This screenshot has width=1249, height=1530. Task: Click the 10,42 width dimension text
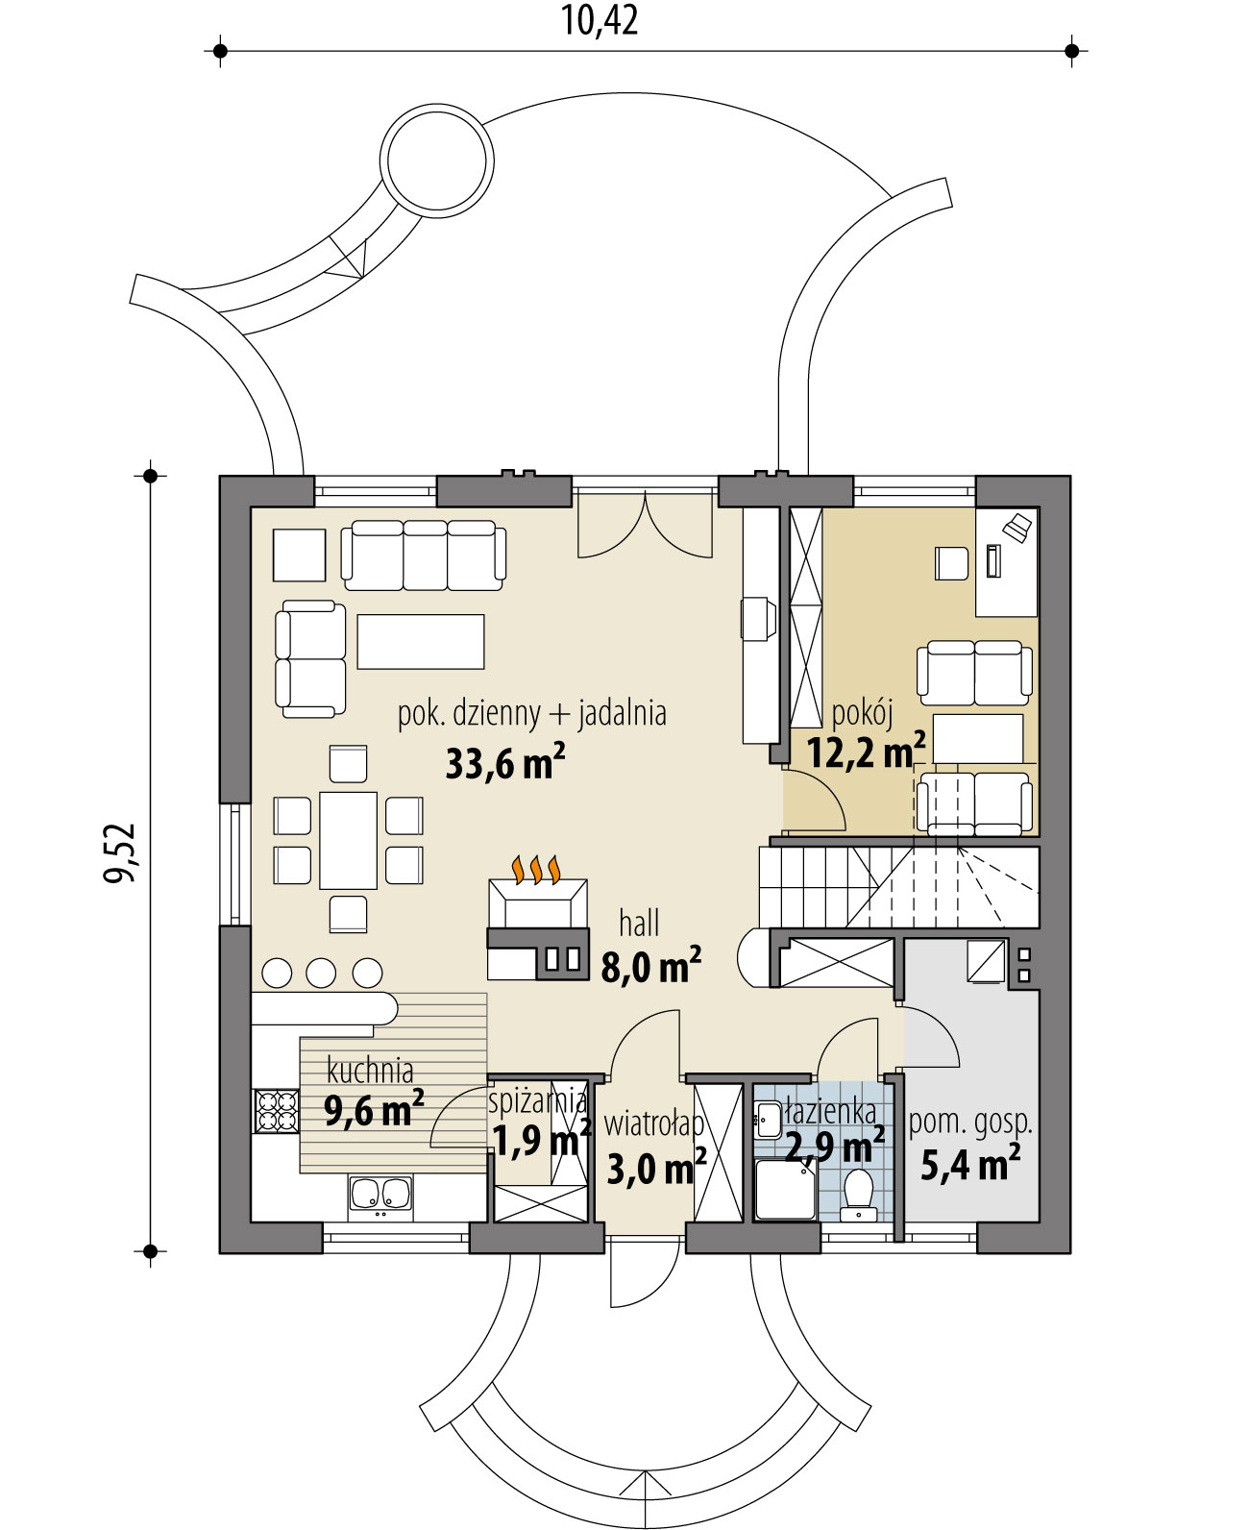tap(600, 21)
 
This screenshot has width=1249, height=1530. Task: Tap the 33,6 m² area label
tap(504, 764)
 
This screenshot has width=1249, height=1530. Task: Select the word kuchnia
tap(370, 1070)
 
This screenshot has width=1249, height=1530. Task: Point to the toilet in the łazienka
tap(857, 1192)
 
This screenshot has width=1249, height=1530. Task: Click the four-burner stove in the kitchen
tap(276, 1110)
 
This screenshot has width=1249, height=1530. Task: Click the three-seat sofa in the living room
tap(424, 555)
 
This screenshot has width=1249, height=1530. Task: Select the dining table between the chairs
tap(348, 840)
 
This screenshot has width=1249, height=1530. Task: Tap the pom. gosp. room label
tap(970, 1122)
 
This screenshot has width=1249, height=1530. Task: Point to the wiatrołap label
tap(653, 1123)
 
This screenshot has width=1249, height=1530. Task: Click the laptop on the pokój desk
tap(1018, 525)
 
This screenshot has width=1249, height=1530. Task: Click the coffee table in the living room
tap(421, 641)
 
